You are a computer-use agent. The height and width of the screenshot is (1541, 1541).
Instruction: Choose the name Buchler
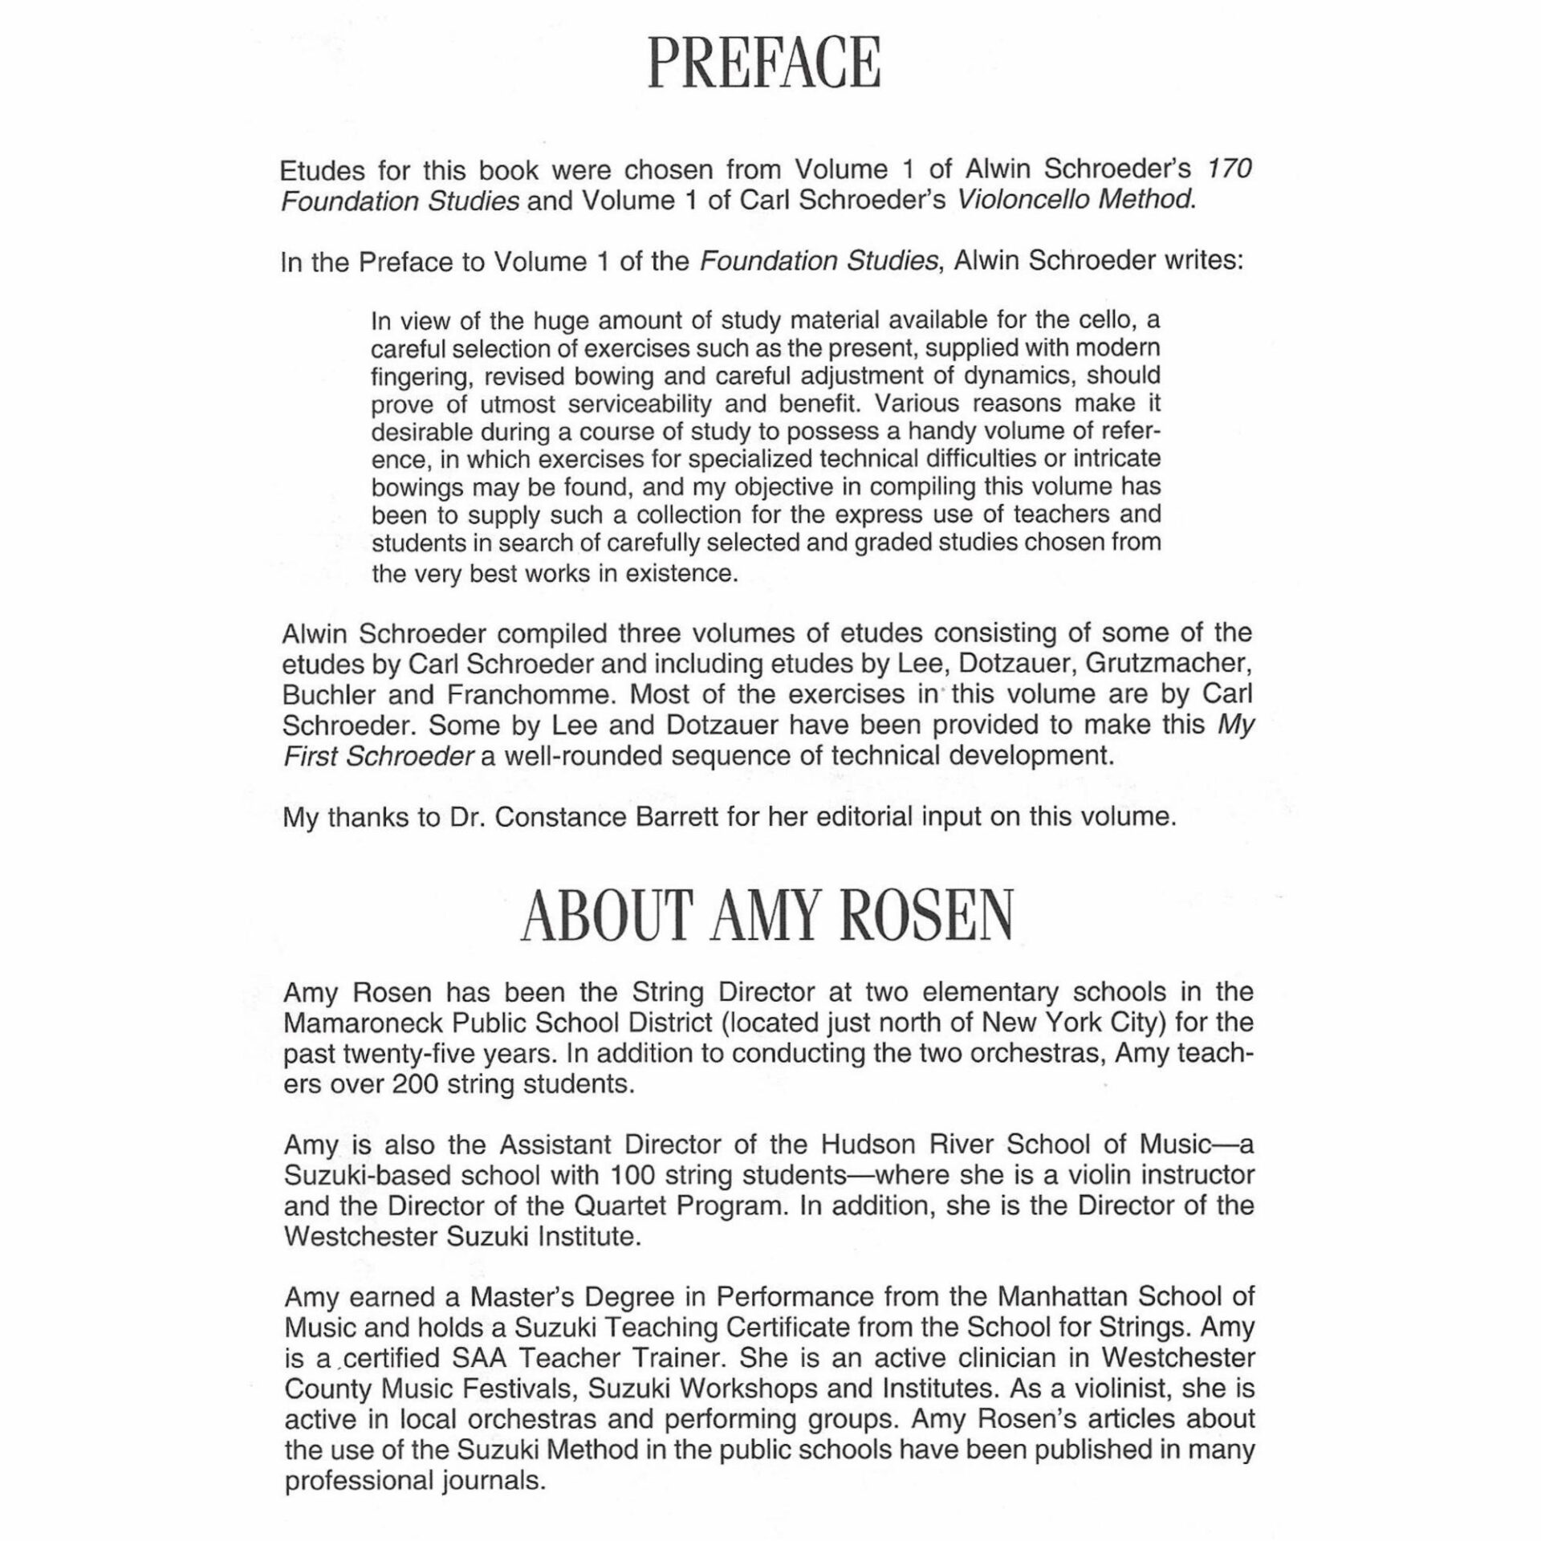(x=330, y=694)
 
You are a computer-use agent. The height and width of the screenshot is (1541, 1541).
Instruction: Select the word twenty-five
(x=421, y=1053)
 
